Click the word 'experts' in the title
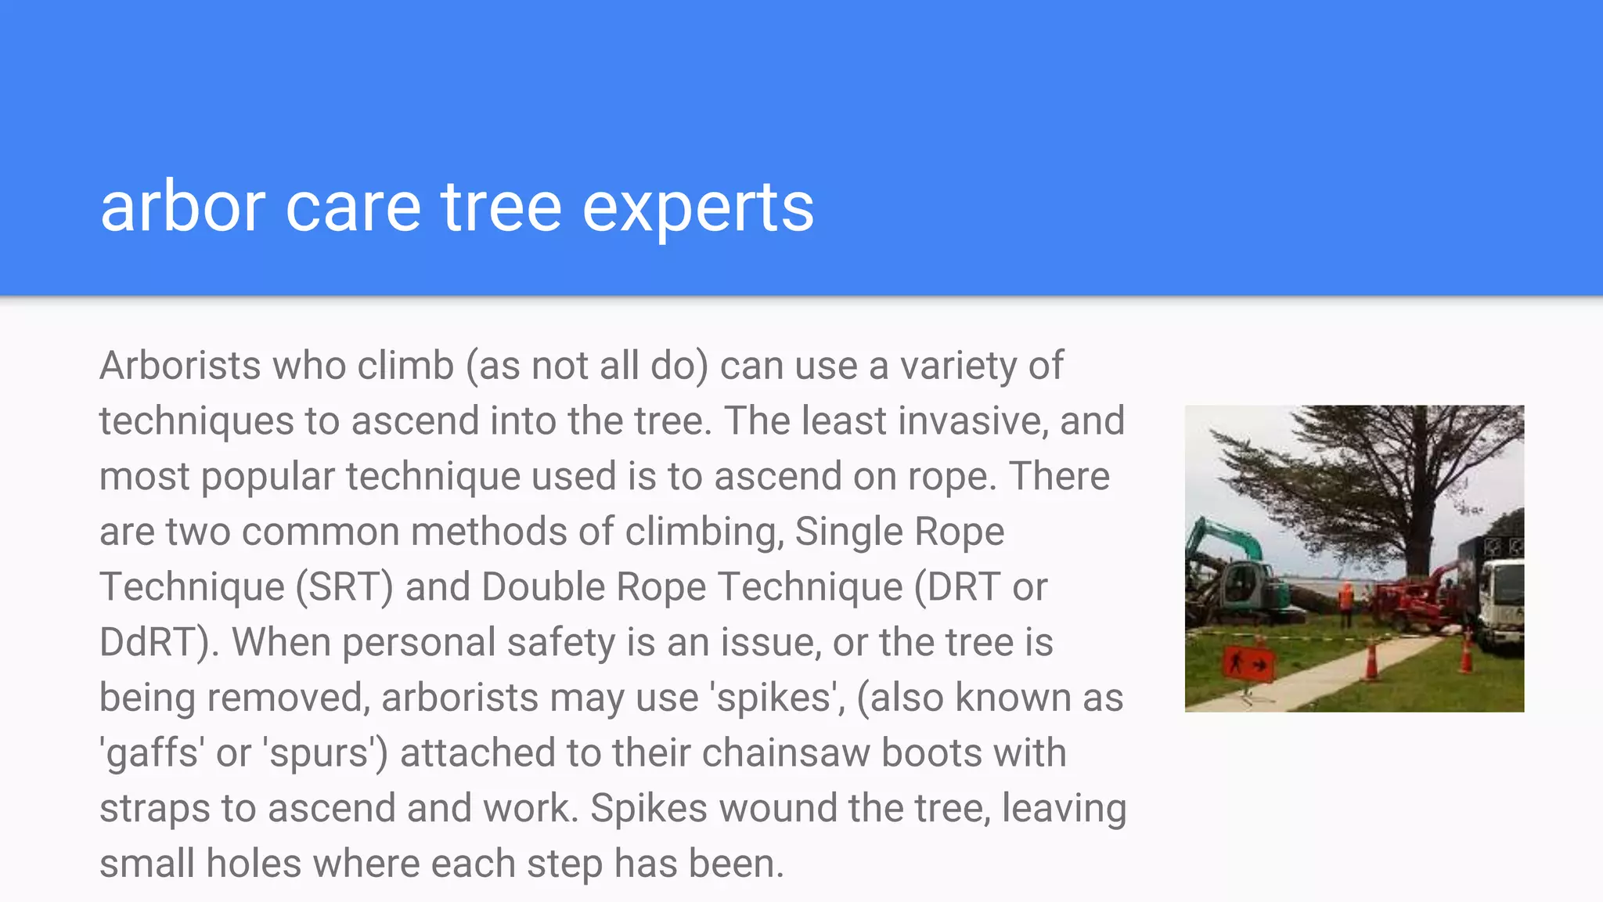[x=697, y=207]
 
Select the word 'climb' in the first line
[x=405, y=366]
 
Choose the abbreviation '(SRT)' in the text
[x=344, y=587]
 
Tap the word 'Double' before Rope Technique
[x=543, y=587]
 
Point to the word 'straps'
[x=154, y=809]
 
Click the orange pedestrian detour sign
[x=1248, y=665]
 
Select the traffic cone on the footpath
[x=1371, y=660]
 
